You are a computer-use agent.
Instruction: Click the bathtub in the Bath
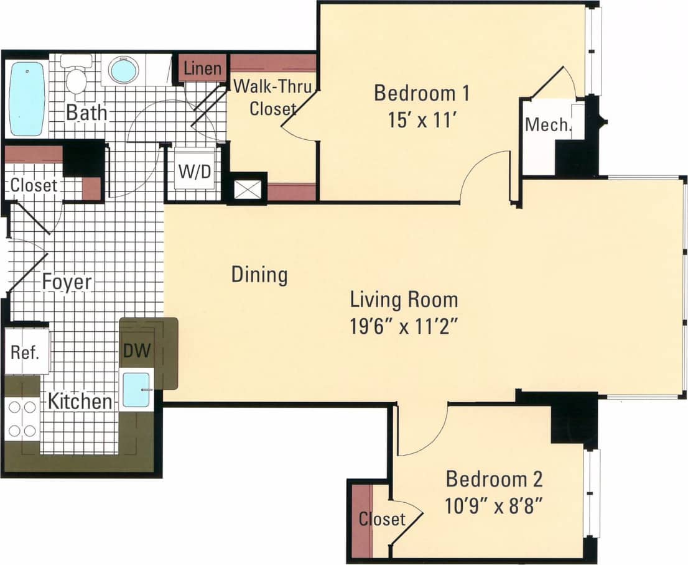click(x=27, y=98)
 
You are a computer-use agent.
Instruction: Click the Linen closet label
click(x=203, y=68)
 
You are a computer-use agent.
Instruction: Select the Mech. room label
click(x=547, y=124)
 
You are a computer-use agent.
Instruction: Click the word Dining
click(x=259, y=274)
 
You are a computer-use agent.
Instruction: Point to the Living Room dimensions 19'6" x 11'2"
click(x=404, y=326)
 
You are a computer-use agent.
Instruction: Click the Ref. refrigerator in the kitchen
click(x=26, y=352)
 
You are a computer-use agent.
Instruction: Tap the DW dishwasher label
click(x=137, y=351)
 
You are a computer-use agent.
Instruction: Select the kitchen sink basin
click(x=136, y=390)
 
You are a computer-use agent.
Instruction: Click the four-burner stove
click(x=22, y=418)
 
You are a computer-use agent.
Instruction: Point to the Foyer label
click(x=67, y=282)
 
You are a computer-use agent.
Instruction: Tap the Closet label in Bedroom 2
click(x=381, y=518)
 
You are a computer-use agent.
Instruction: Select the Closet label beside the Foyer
click(x=34, y=185)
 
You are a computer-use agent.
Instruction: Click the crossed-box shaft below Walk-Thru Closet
click(x=246, y=188)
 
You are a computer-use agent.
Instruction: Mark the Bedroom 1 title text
click(x=421, y=93)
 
